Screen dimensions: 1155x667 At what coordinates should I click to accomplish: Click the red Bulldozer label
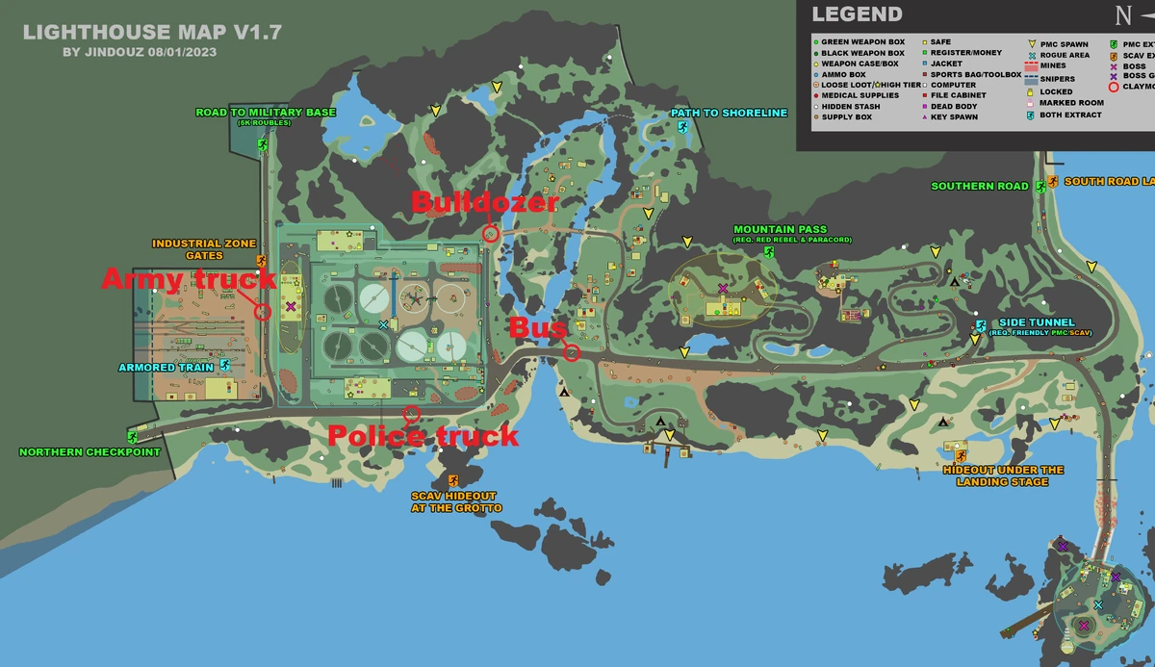pos(484,203)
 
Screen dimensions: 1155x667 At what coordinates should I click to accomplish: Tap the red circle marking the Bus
pos(572,352)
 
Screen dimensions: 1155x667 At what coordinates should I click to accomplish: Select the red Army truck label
pos(189,279)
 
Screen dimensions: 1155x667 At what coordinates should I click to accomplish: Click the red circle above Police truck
pos(411,415)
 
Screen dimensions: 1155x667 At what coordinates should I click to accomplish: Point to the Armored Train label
pos(160,367)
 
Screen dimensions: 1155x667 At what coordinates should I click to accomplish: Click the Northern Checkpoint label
pos(90,452)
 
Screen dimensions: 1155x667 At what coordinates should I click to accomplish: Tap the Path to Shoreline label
pos(715,114)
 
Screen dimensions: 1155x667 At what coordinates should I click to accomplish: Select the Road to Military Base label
pos(266,113)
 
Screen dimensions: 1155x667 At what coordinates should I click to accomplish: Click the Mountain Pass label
pos(780,230)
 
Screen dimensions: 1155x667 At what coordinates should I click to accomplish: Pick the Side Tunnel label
pos(1036,323)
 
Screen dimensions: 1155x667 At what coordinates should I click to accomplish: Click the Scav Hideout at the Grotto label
pos(456,501)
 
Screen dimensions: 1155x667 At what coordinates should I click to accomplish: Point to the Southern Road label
pos(979,186)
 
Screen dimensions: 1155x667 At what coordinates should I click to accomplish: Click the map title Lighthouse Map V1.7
pos(152,32)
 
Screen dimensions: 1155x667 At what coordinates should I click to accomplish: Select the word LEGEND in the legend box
pos(857,14)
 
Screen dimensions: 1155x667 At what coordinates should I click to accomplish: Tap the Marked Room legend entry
pos(1071,103)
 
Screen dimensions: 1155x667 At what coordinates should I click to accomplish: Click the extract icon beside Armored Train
pos(224,366)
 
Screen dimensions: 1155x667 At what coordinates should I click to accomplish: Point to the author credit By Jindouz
pos(139,52)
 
